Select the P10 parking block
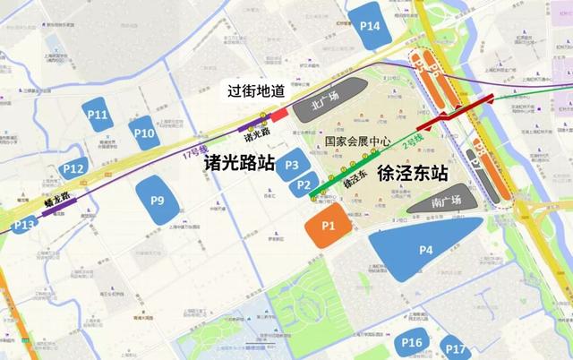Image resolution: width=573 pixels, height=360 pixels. tap(143, 133)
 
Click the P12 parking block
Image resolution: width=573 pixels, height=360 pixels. tap(74, 167)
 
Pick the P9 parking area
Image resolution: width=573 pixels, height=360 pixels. tap(157, 200)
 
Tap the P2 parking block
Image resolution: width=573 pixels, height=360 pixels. tap(304, 184)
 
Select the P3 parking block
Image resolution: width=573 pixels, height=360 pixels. tap(291, 164)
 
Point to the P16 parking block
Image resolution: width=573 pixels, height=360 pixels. tap(412, 343)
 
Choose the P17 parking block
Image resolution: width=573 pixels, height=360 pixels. tap(456, 349)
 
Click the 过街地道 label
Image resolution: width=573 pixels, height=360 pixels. tap(253, 92)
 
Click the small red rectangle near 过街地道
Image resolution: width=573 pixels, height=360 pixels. tap(278, 115)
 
